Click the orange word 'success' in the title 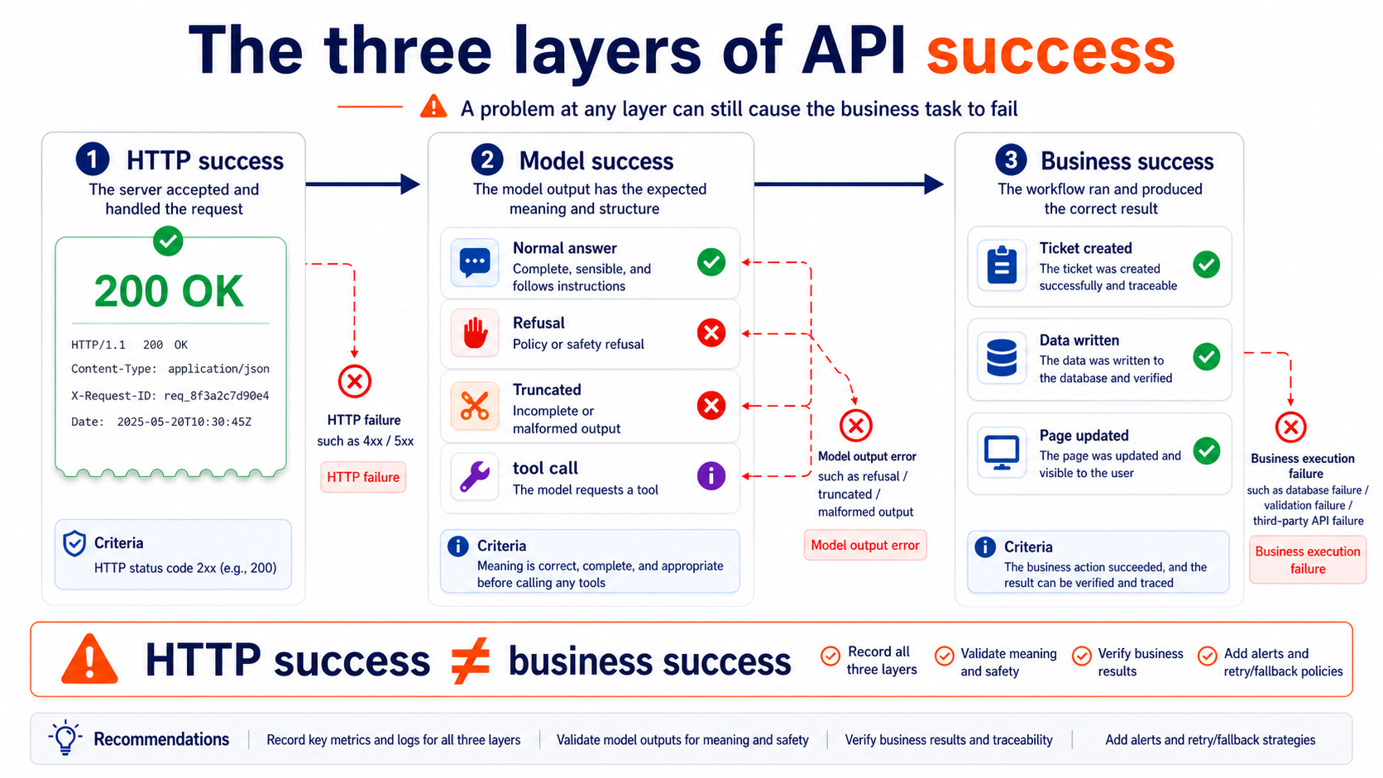[x=1050, y=52]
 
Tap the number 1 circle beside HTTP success [x=93, y=160]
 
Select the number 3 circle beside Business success [x=1011, y=160]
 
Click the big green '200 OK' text [x=169, y=291]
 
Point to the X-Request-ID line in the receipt [x=170, y=395]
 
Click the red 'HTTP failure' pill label [x=363, y=477]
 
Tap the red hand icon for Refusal [x=475, y=333]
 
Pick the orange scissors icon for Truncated [x=474, y=406]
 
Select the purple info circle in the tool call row [x=711, y=475]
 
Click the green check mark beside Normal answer [x=711, y=262]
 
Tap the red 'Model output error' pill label [x=865, y=546]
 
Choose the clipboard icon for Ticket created [x=1002, y=265]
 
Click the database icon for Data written [x=1002, y=358]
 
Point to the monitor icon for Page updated [x=1002, y=452]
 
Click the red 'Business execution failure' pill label [x=1308, y=561]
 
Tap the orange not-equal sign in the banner [x=471, y=661]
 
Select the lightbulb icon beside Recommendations [x=65, y=737]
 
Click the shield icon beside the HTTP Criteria [x=74, y=543]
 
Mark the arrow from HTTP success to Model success [x=363, y=184]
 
